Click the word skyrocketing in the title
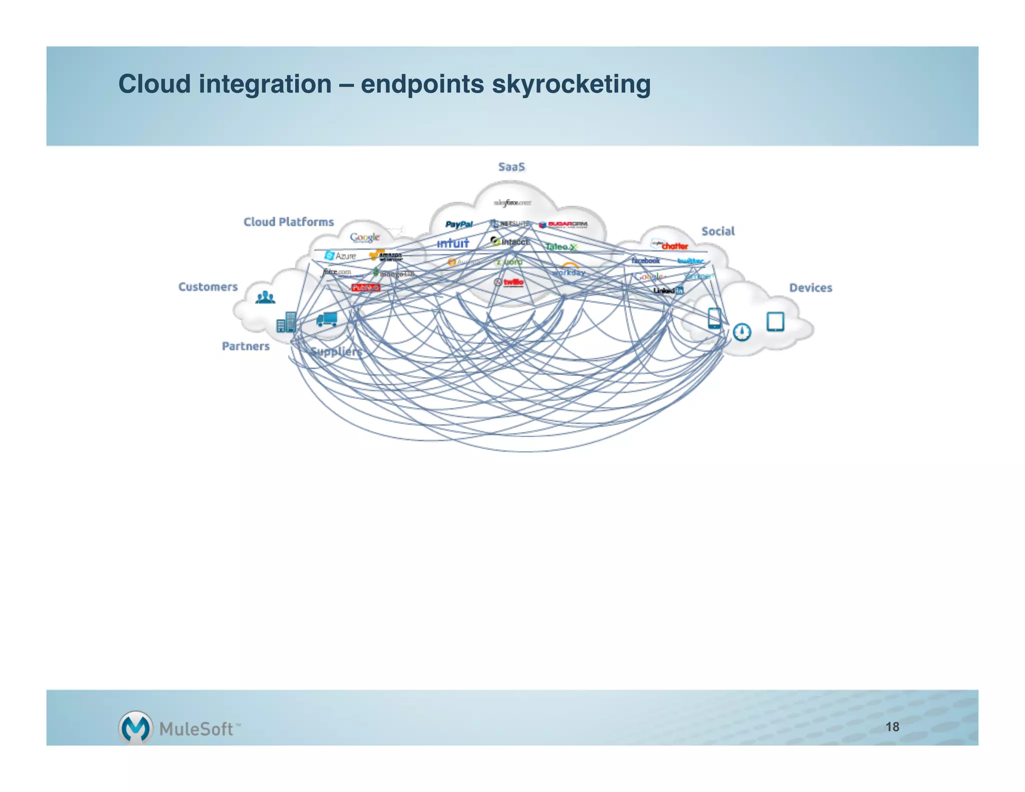point(571,84)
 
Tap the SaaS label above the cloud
point(511,167)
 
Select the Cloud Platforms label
point(288,222)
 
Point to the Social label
point(718,231)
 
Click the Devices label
point(810,288)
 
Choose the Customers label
point(208,287)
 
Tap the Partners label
point(245,346)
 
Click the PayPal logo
point(459,224)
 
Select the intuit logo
point(452,243)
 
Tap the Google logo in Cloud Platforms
point(364,237)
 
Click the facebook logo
point(645,260)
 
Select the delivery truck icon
point(327,319)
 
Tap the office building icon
point(287,322)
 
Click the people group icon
point(265,297)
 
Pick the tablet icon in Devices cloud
point(775,321)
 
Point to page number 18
point(892,727)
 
